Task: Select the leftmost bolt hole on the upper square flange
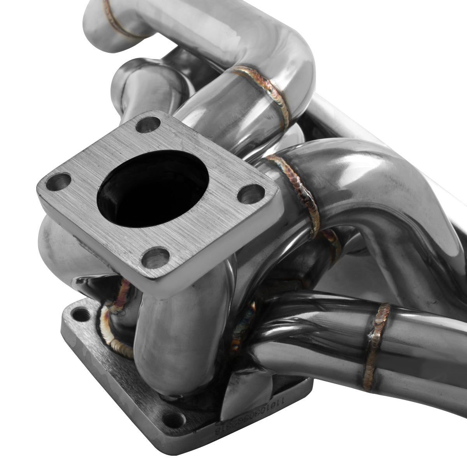59,181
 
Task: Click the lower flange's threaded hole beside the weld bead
81,314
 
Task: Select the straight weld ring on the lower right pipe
376,346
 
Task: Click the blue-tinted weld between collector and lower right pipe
245,323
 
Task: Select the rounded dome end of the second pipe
125,78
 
